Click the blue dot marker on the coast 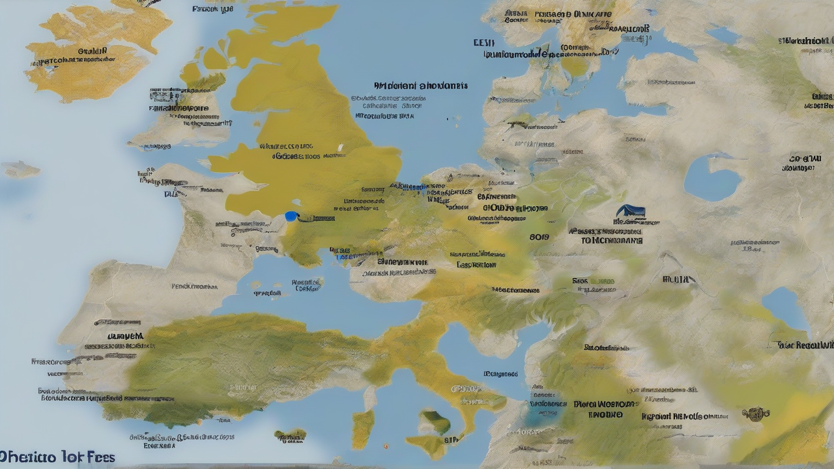point(291,216)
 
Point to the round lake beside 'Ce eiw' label point(712,177)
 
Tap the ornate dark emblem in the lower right point(756,413)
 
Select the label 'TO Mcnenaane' point(612,240)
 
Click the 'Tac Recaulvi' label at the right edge point(805,345)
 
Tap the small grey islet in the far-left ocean point(20,169)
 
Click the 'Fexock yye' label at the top point(212,9)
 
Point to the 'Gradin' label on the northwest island point(93,51)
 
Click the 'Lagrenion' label point(476,265)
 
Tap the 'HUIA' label point(678,279)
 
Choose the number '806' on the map point(539,238)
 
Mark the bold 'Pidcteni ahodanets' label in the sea point(421,85)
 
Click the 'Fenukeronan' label point(194,286)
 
